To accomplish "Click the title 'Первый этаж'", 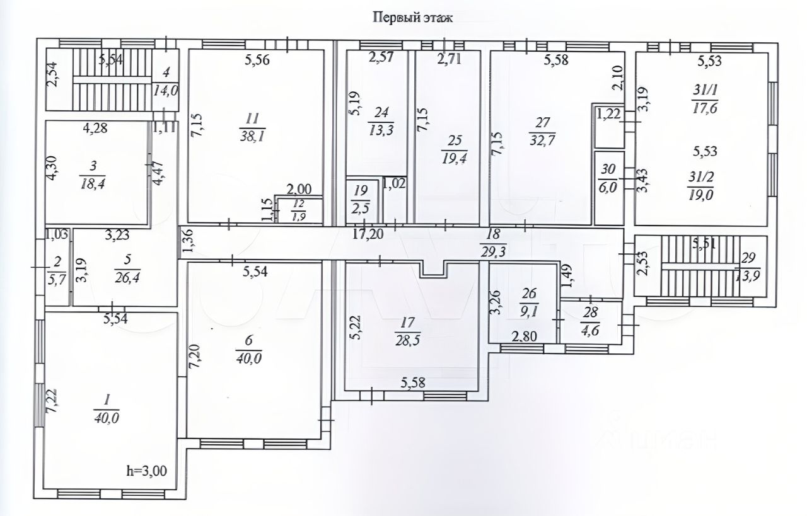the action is click(x=413, y=18).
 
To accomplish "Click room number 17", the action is click(x=408, y=322).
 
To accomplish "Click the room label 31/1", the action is click(x=704, y=90).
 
